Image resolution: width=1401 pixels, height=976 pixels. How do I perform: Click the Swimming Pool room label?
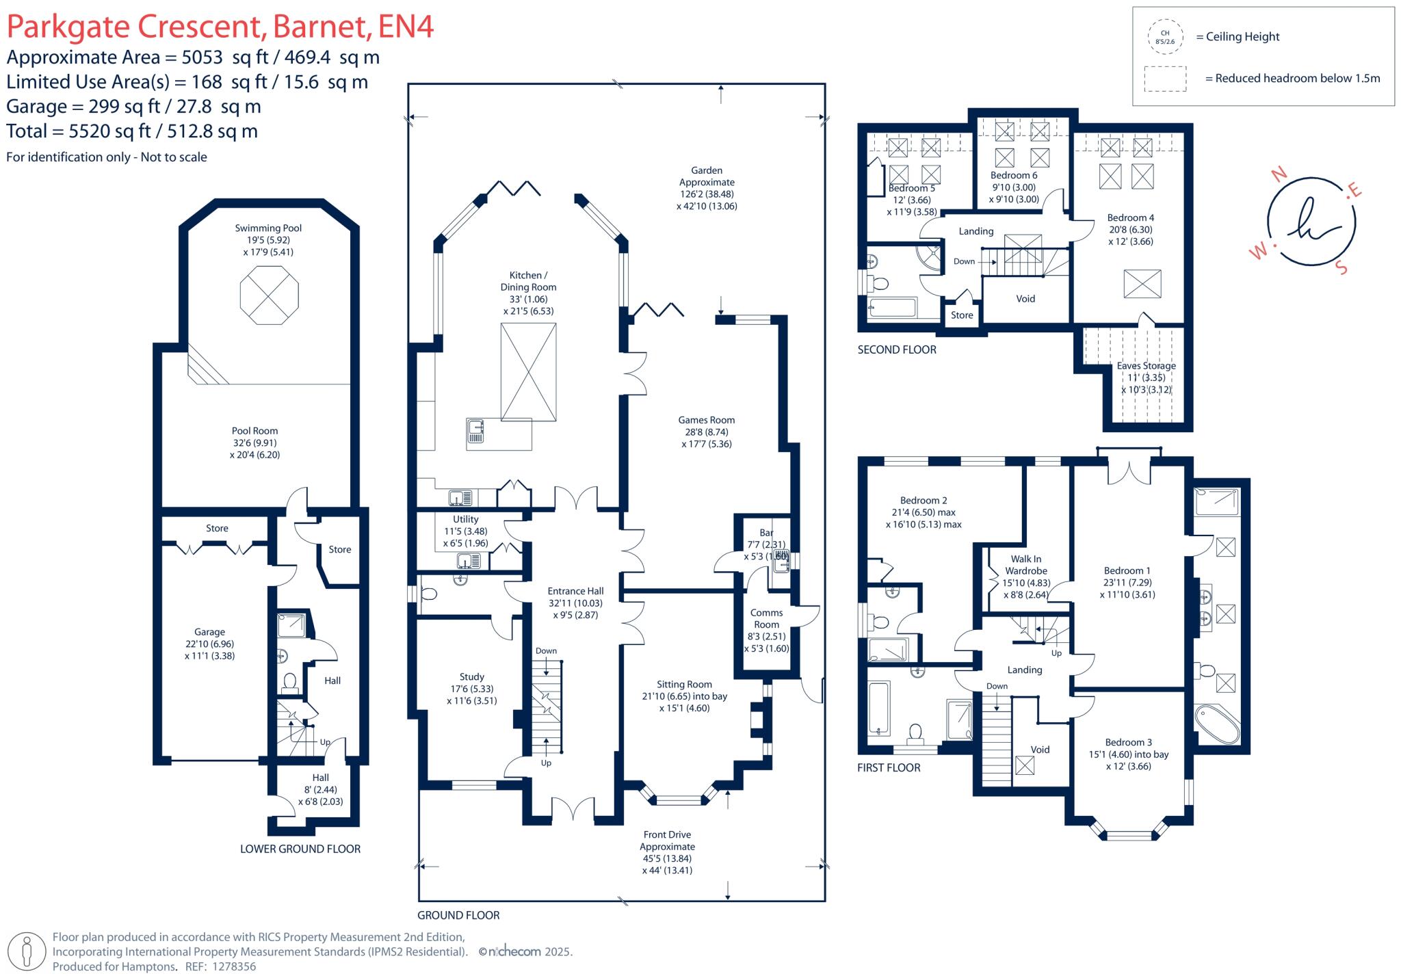tap(268, 228)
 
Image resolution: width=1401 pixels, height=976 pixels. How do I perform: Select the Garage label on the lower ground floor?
tap(209, 633)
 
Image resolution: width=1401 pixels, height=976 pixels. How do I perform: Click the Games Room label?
tap(707, 421)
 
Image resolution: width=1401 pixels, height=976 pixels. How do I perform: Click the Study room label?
tap(472, 677)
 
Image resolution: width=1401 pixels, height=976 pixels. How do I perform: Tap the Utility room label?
tap(466, 520)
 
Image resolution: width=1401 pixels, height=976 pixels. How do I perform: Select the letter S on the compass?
tap(1341, 267)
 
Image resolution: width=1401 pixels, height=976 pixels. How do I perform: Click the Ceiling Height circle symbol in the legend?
tap(1165, 37)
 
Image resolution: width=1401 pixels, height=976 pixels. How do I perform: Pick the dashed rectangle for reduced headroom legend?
tap(1165, 79)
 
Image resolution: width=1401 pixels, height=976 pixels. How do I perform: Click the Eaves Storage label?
tap(1147, 366)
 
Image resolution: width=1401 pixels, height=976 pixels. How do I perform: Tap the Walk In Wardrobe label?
tap(1026, 565)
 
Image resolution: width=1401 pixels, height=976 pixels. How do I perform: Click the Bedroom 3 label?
tap(1129, 742)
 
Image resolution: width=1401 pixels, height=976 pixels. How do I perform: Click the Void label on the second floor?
tap(1025, 299)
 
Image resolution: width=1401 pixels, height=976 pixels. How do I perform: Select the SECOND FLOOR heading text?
tap(897, 350)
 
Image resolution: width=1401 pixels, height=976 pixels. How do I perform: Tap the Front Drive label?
tap(667, 835)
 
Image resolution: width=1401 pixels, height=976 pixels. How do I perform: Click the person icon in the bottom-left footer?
tap(28, 951)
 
